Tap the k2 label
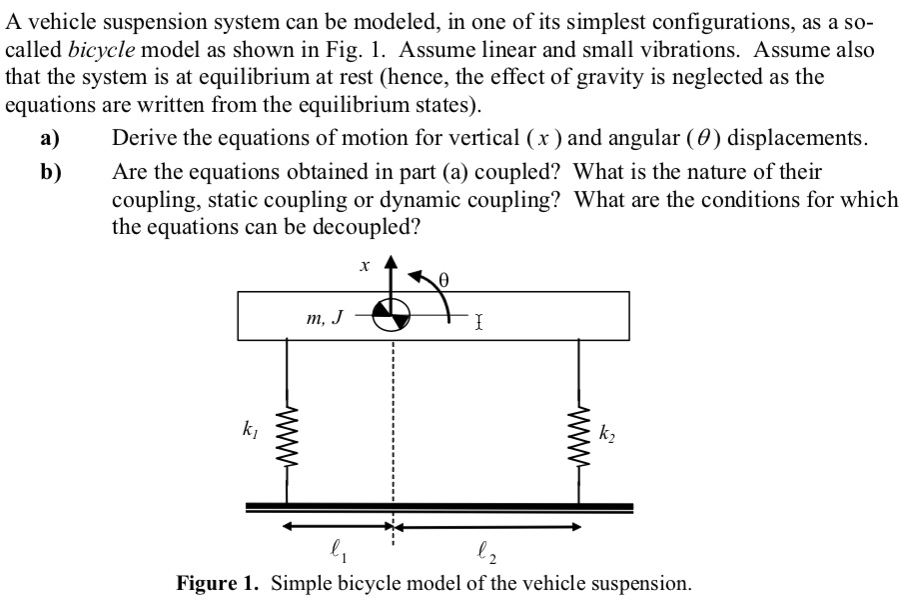606,434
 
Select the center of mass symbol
391,317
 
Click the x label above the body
365,266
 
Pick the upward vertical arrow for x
392,277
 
